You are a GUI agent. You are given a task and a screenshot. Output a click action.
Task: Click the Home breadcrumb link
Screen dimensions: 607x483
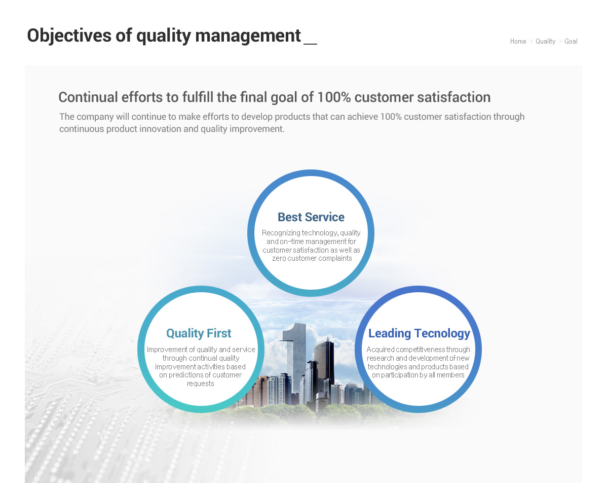click(x=518, y=42)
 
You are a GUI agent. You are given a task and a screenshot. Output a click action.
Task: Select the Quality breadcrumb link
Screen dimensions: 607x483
click(x=546, y=42)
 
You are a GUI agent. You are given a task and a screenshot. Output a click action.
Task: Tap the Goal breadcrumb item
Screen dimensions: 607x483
click(x=571, y=42)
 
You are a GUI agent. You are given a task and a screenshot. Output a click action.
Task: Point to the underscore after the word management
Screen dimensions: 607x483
click(x=311, y=44)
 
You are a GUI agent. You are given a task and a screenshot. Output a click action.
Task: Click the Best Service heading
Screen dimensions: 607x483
click(x=311, y=217)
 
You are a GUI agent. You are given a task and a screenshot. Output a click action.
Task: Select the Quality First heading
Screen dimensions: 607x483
click(x=199, y=333)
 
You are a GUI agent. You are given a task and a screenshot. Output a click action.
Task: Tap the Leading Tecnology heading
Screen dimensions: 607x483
click(x=419, y=333)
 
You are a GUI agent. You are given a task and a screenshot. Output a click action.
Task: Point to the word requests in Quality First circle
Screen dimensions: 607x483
click(x=200, y=384)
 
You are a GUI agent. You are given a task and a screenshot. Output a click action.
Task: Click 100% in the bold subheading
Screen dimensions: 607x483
click(x=334, y=97)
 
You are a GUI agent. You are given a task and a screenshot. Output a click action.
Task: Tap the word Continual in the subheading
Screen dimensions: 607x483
click(x=88, y=97)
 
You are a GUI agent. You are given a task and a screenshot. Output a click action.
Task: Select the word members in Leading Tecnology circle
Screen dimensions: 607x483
click(x=450, y=375)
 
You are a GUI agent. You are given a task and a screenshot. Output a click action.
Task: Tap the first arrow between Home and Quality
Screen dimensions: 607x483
click(x=531, y=42)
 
